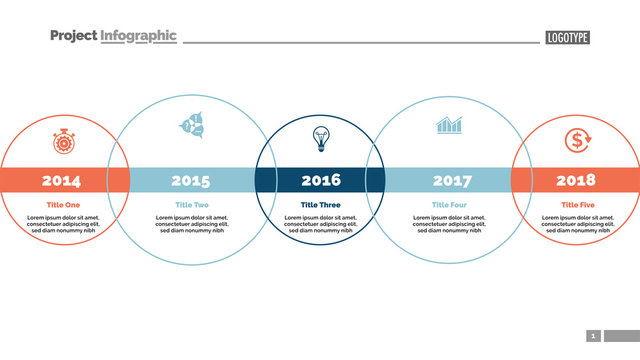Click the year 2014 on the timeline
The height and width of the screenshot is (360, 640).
(x=62, y=181)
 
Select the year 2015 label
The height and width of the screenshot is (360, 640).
(x=191, y=181)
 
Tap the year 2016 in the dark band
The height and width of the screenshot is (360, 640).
(x=321, y=181)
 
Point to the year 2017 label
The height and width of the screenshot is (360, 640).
(x=451, y=181)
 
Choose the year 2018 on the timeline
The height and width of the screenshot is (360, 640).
(x=576, y=181)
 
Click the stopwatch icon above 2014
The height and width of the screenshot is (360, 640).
(x=63, y=141)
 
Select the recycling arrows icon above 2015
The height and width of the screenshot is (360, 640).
(x=191, y=126)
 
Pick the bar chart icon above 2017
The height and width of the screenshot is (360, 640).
(x=449, y=126)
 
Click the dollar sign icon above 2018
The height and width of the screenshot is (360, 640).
(x=576, y=141)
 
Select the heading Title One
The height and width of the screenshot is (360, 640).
(x=63, y=205)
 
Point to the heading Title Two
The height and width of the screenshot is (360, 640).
(x=191, y=205)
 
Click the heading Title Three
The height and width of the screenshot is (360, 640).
(x=321, y=205)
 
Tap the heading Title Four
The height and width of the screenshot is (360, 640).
(x=449, y=205)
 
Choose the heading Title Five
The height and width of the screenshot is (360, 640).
(x=577, y=205)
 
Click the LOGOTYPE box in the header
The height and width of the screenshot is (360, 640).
(x=567, y=38)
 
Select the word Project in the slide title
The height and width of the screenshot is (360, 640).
(x=73, y=36)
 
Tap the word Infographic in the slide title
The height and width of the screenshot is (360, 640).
(x=139, y=36)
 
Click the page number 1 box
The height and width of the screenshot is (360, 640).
(x=593, y=336)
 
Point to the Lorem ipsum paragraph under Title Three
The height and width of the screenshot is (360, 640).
(x=321, y=224)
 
